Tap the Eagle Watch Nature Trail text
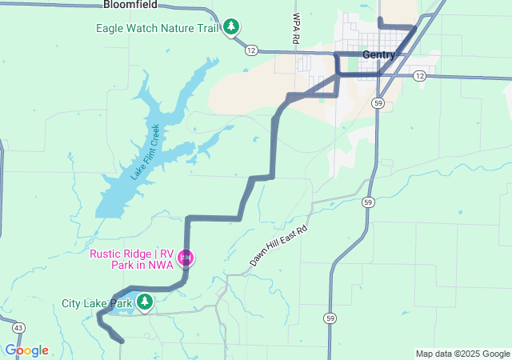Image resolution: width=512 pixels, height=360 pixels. tap(157, 28)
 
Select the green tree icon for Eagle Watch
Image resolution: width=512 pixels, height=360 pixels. tap(231, 27)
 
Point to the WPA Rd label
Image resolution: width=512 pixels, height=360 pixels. tap(296, 28)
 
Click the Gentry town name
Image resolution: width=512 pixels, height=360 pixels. tap(378, 54)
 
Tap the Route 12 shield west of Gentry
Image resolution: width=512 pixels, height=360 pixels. tap(251, 50)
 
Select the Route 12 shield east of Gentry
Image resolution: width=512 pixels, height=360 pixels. tap(420, 76)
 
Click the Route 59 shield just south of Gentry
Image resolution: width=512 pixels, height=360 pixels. tap(378, 103)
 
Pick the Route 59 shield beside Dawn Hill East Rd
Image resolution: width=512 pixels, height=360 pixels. tap(366, 202)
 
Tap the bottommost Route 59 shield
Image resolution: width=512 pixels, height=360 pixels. tap(330, 318)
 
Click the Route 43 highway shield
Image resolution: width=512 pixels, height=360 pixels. tap(18, 327)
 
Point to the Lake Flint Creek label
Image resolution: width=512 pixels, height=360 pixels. tap(146, 152)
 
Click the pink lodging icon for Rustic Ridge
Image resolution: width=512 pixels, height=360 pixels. tap(186, 258)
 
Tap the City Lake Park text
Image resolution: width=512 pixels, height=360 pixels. tap(96, 304)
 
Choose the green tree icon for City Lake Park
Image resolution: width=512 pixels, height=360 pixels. tap(145, 302)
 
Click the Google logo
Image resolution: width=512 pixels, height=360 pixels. tap(26, 350)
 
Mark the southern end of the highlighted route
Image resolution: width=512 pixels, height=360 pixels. tap(122, 342)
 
